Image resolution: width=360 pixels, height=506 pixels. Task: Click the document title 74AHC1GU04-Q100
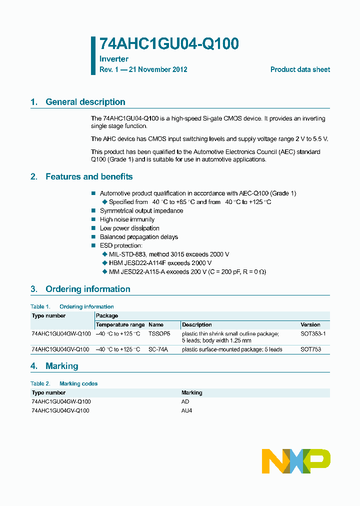point(169,44)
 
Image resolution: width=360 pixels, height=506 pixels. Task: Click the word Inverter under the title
point(114,59)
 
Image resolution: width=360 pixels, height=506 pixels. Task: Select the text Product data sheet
point(300,69)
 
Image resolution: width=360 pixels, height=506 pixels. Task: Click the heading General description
point(85,102)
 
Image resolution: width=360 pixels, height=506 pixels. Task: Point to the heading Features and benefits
point(89,176)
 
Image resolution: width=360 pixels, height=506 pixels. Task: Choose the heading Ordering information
point(87,289)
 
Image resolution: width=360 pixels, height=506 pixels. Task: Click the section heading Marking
point(61,366)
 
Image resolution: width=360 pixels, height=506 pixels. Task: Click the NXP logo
point(296,461)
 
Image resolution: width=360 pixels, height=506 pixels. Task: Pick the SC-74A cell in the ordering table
point(158,349)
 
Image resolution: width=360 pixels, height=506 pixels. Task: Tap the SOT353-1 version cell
point(313,333)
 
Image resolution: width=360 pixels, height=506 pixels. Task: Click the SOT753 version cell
point(311,349)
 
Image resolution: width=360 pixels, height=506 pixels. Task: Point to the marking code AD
point(185,401)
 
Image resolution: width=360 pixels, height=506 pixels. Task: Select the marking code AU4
point(186,410)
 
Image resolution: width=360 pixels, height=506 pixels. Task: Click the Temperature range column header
point(120,324)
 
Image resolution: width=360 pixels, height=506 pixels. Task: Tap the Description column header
point(197,324)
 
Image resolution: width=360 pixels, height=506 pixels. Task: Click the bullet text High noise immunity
point(127,219)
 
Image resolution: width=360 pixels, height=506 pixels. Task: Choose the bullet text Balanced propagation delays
point(139,237)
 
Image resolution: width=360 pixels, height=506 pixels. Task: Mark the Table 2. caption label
point(40,383)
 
